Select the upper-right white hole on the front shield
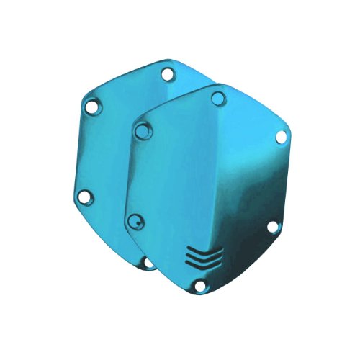click(277, 148)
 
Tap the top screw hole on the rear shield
click(167, 74)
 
